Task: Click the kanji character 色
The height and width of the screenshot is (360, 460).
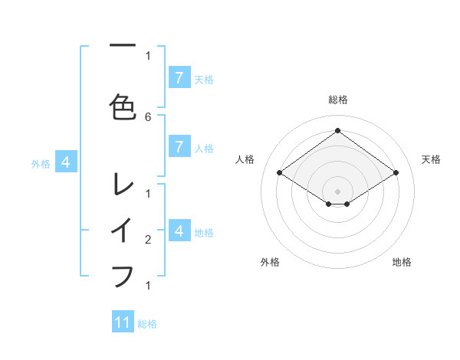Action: [123, 106]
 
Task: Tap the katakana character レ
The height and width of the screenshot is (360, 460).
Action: [123, 185]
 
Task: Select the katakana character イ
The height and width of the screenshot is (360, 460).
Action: [123, 230]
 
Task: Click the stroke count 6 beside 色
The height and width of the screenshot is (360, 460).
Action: [148, 116]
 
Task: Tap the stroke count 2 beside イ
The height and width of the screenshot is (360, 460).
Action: [148, 240]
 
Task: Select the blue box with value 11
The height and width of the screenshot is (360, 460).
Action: [123, 322]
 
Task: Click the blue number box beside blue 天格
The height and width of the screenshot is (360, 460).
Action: [179, 77]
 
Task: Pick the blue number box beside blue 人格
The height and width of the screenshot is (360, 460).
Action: [179, 147]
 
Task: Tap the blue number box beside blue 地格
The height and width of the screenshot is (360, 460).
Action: [179, 231]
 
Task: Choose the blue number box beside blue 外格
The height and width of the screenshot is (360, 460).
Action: [67, 162]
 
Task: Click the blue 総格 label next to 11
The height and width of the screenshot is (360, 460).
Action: [147, 324]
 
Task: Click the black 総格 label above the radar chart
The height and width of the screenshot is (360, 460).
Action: [337, 100]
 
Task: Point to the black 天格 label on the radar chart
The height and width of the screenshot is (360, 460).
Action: [431, 159]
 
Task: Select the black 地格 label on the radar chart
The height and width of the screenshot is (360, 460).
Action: [402, 262]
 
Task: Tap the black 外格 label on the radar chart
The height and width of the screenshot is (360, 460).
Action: [270, 262]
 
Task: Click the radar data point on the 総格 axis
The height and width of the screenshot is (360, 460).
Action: [337, 131]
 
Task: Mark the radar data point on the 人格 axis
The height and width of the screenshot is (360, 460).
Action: [279, 173]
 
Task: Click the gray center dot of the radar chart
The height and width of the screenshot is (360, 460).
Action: [337, 191]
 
